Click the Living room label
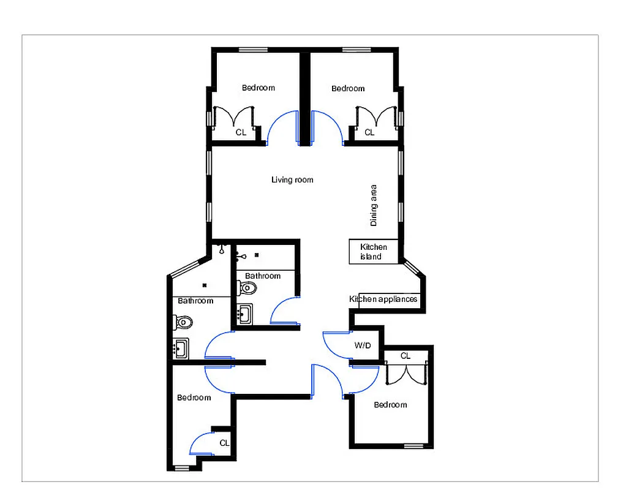(292, 179)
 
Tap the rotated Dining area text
(373, 206)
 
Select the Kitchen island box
(374, 252)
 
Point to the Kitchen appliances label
(383, 299)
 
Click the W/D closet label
(363, 345)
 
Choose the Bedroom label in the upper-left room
(258, 88)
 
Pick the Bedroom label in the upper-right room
(348, 88)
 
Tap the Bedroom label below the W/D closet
(390, 404)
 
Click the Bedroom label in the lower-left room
(194, 398)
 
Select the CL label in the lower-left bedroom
(224, 442)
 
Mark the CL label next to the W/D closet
(406, 356)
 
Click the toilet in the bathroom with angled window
(183, 321)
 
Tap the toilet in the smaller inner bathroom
(248, 287)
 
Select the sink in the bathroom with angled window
(181, 348)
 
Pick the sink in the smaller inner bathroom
(244, 314)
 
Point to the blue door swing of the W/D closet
(335, 346)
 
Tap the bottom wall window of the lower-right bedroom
(414, 445)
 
